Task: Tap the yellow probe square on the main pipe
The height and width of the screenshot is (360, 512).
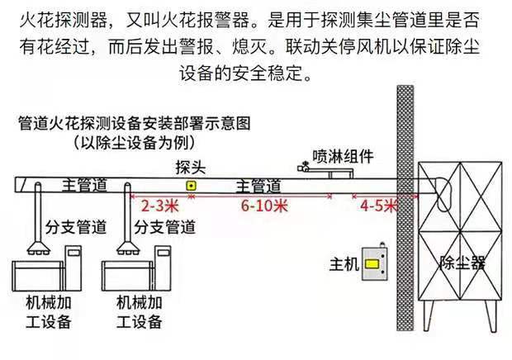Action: click(191, 186)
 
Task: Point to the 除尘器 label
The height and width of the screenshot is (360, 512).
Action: click(462, 264)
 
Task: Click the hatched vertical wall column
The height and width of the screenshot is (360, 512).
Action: click(405, 206)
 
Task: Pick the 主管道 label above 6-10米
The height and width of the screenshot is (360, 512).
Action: click(258, 186)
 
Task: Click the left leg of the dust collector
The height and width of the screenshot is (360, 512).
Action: click(434, 322)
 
